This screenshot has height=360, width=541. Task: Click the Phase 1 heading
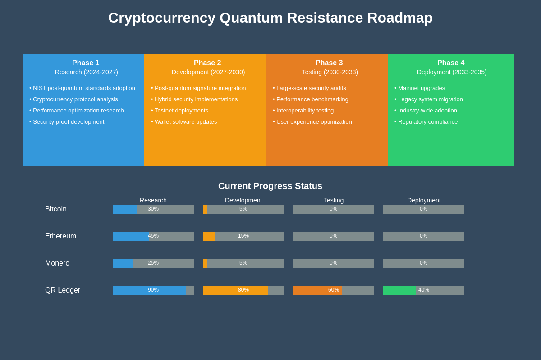[86, 63]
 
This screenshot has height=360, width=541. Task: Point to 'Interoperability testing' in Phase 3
[305, 111]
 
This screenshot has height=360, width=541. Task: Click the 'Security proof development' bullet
[68, 122]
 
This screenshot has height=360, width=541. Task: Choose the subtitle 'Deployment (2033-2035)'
[452, 72]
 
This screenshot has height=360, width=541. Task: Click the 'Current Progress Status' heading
[270, 186]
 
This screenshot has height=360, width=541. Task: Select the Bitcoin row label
[56, 209]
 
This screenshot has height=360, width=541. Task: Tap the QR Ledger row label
[63, 290]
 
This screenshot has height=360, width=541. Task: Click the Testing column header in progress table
[334, 200]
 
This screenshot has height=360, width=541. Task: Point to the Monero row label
[57, 263]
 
